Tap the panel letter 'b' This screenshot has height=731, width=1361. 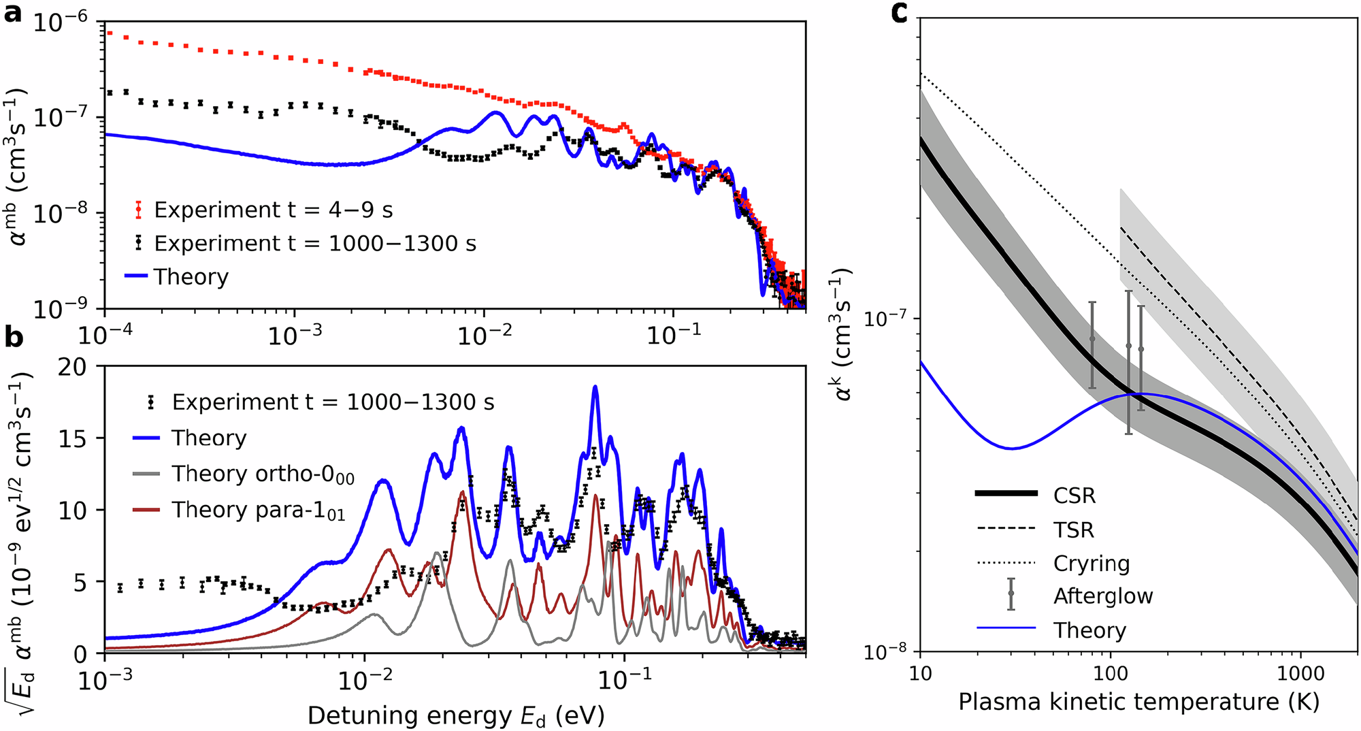[14, 338]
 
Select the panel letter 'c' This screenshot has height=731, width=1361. [900, 12]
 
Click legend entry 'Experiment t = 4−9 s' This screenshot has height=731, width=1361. [273, 210]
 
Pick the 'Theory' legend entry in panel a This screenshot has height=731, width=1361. [191, 277]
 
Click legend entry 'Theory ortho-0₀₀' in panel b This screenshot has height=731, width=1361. [263, 474]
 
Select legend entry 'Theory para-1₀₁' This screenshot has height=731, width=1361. [259, 510]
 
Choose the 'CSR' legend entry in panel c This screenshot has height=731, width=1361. [1075, 496]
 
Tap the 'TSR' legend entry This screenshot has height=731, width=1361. [1073, 530]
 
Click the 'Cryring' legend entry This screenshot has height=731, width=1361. [1091, 564]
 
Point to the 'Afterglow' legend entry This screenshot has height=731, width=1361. [1102, 596]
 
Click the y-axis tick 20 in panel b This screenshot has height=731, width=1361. [72, 368]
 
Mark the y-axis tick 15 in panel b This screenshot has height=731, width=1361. [72, 439]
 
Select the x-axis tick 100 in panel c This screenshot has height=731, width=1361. [1110, 675]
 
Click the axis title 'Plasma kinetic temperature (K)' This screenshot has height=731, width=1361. [1138, 702]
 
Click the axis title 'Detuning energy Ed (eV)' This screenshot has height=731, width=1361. [455, 716]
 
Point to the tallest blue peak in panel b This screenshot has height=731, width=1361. [595, 387]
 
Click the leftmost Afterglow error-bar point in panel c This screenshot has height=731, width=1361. [1092, 338]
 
